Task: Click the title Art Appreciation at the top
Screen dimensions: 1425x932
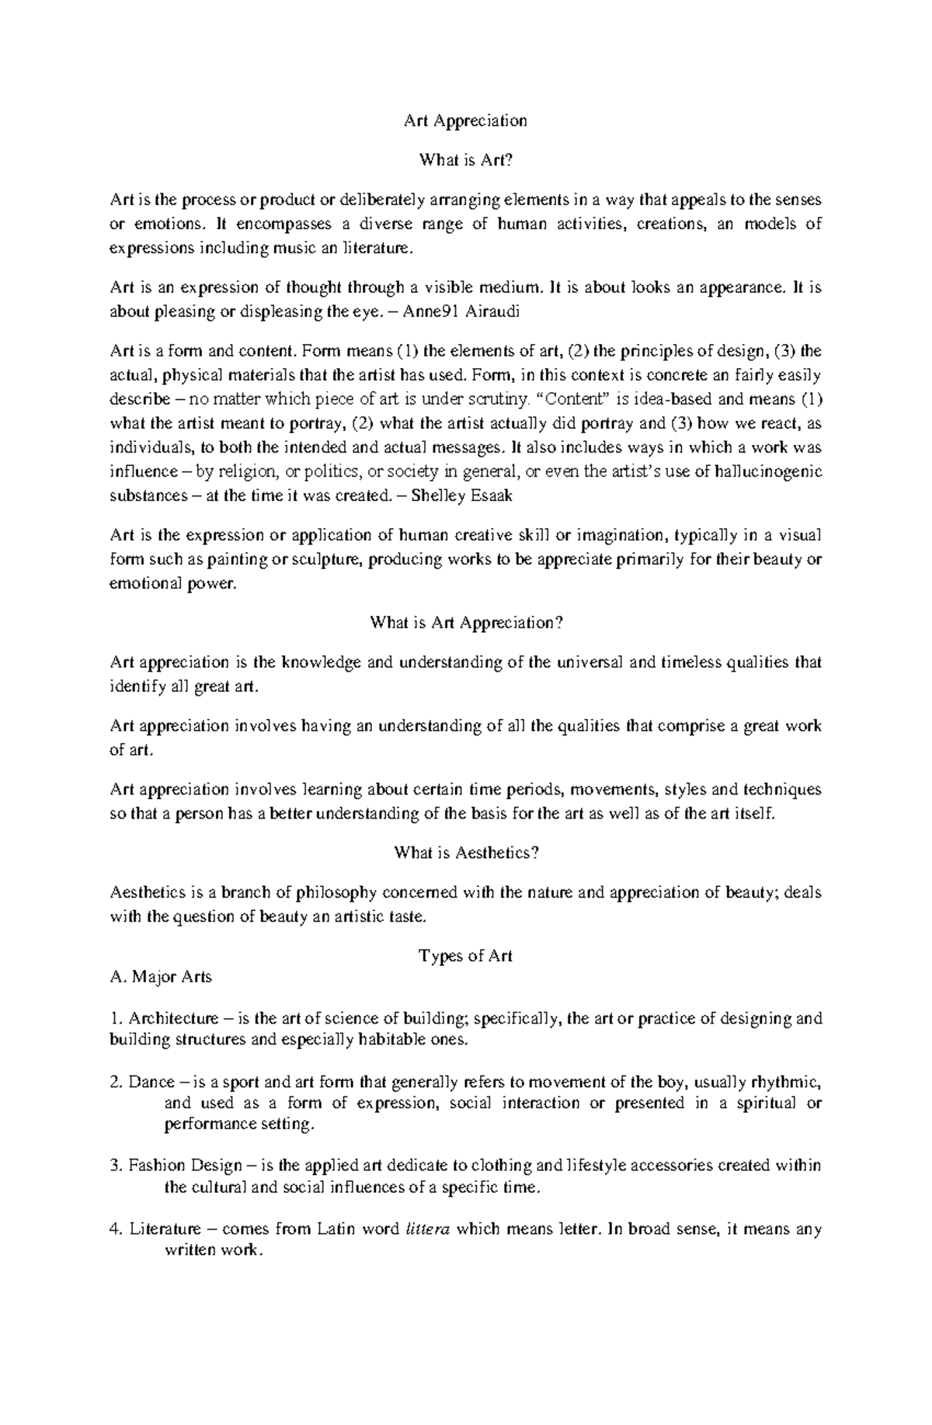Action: click(x=465, y=120)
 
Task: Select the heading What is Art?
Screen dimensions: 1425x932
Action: click(x=466, y=160)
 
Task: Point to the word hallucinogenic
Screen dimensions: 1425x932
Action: click(x=761, y=471)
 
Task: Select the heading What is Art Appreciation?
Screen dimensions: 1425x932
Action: click(x=466, y=623)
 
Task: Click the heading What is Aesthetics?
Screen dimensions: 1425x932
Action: click(x=466, y=853)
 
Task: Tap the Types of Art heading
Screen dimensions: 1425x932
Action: click(x=466, y=956)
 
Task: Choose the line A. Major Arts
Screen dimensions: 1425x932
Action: click(x=162, y=977)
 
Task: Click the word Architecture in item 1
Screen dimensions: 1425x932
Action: click(x=173, y=1018)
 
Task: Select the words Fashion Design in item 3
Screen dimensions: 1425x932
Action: click(x=180, y=1166)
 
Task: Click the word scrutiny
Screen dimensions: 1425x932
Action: click(x=499, y=400)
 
